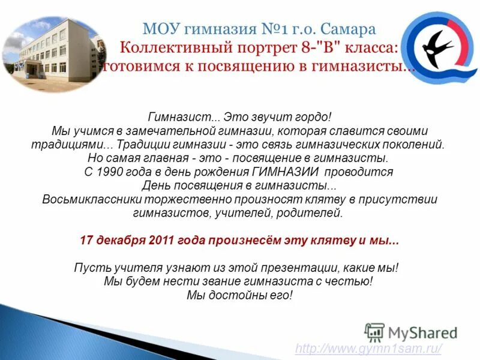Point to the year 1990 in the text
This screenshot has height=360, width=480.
tap(113, 172)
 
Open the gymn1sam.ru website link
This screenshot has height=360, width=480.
tap(370, 349)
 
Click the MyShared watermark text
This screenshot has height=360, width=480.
tap(423, 332)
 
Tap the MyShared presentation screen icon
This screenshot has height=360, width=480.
tap(374, 332)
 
